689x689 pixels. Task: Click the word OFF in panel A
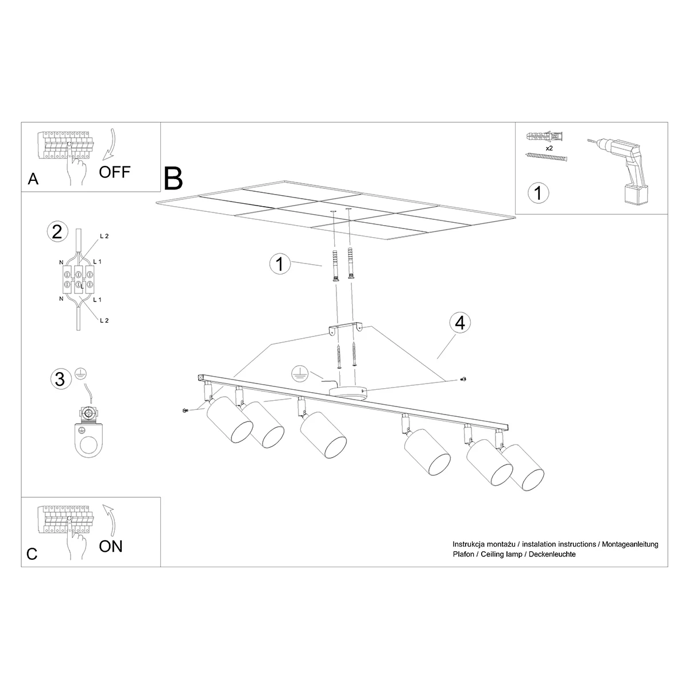pos(114,172)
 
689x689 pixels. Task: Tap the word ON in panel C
pos(111,547)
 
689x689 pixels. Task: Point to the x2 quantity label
pos(549,148)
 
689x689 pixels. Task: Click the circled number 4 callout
pos(460,323)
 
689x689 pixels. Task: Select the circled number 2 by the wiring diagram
pos(57,232)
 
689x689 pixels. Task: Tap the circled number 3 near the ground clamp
pos(60,379)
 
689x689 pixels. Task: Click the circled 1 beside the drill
pos(538,193)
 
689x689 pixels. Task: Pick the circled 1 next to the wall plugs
pos(280,264)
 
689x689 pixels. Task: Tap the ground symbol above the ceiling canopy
pos(300,373)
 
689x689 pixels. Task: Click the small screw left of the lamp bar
pos(185,411)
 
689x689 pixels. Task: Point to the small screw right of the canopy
pos(464,379)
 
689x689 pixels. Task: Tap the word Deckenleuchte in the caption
pos(552,555)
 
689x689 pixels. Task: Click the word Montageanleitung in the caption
pos(630,544)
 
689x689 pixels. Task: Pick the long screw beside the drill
pos(547,157)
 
